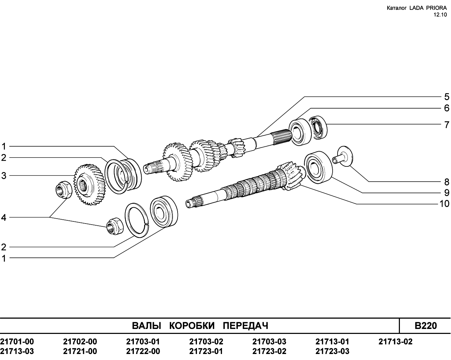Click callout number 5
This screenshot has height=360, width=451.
pos(447,97)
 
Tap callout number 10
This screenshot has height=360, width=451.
pos(444,204)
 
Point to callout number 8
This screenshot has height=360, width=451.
pos(447,182)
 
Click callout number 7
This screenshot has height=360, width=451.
pos(447,125)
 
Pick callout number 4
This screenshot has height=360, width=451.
pos(4,218)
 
